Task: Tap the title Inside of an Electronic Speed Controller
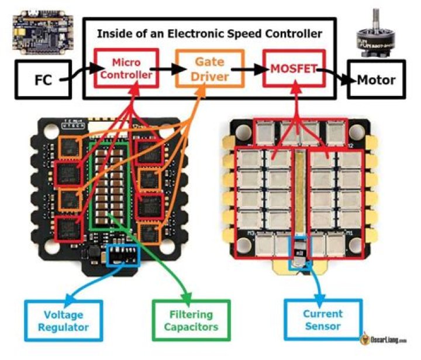[209, 33]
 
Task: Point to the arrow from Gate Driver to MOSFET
[249, 69]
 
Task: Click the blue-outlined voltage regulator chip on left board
[124, 255]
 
